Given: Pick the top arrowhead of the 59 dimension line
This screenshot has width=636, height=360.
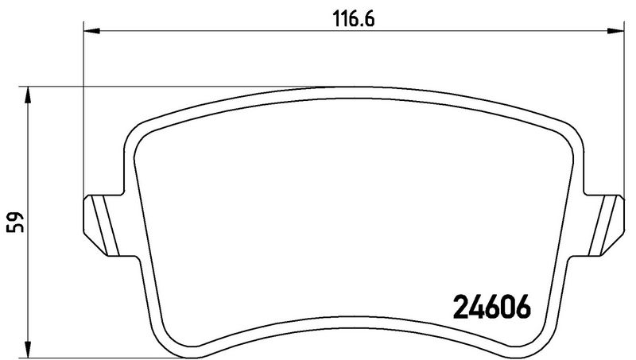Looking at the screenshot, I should pos(29,95).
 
